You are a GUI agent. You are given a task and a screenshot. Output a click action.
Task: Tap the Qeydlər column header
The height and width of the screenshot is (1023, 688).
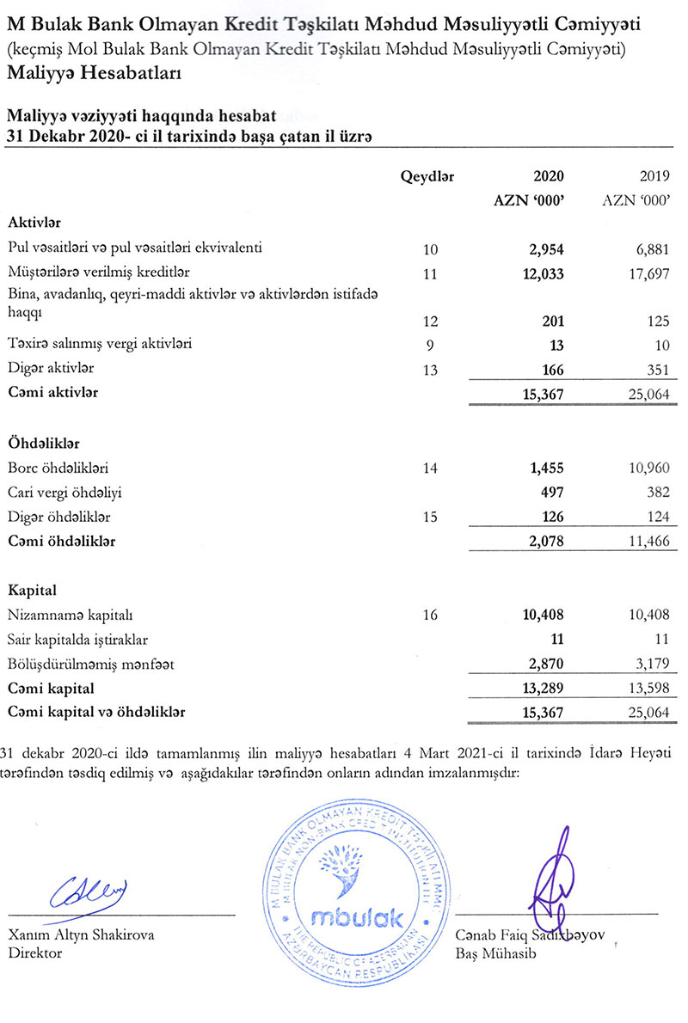coord(427,177)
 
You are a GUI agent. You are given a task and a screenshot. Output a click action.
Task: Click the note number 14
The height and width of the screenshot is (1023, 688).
coord(431,469)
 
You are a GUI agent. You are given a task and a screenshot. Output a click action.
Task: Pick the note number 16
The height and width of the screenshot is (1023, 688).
coord(431,616)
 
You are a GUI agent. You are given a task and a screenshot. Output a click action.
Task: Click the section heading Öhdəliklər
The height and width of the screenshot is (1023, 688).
coord(44,444)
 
